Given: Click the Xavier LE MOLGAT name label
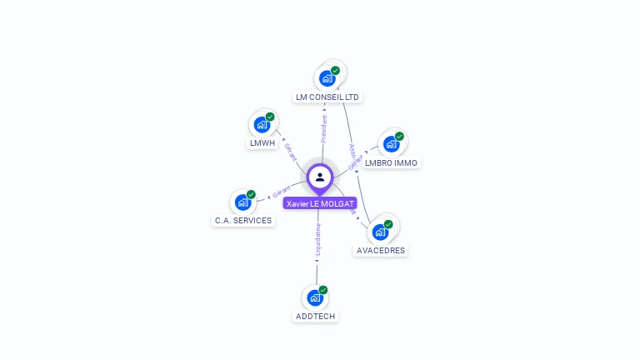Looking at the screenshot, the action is click(x=320, y=203).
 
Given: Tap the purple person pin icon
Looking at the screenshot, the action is click(x=320, y=177).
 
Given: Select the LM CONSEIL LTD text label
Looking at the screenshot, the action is click(x=327, y=97).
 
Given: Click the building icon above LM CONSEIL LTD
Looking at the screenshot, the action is click(x=327, y=78).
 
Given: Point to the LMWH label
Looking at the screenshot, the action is click(x=262, y=142).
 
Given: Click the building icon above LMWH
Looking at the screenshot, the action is click(x=262, y=125).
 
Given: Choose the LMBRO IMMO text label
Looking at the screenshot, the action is click(x=392, y=162).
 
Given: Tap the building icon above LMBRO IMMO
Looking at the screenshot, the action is click(x=392, y=144).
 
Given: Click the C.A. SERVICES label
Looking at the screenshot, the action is click(x=243, y=220).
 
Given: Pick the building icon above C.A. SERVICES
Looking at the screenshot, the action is click(x=243, y=202).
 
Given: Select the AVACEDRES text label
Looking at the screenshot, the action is click(x=381, y=250).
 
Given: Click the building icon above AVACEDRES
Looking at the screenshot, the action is click(x=381, y=232).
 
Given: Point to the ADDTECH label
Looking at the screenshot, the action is click(x=315, y=316).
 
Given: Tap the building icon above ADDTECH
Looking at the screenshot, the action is click(x=315, y=297).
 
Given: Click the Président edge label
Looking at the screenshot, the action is click(x=324, y=129).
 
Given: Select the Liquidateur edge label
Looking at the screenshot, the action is click(x=317, y=240).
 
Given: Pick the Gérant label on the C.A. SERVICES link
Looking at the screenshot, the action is click(x=282, y=192).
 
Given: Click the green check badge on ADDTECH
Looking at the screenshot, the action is click(x=323, y=290).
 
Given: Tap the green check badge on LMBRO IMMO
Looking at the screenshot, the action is click(x=399, y=137).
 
